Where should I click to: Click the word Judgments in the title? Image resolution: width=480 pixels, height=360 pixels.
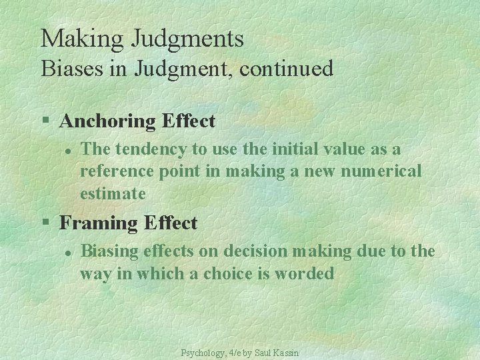pos(188,39)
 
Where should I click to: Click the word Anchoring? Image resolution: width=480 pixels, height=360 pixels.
pos(109,121)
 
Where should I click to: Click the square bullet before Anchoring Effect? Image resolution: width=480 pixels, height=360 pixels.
pos(45,121)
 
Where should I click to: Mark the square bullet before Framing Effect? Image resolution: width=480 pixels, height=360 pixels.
pos(45,223)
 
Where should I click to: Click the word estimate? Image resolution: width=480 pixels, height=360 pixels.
pos(113,194)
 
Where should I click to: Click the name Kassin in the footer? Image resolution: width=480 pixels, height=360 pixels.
pos(287,352)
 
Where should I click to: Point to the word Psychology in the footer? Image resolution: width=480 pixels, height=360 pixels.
pos(204,352)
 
